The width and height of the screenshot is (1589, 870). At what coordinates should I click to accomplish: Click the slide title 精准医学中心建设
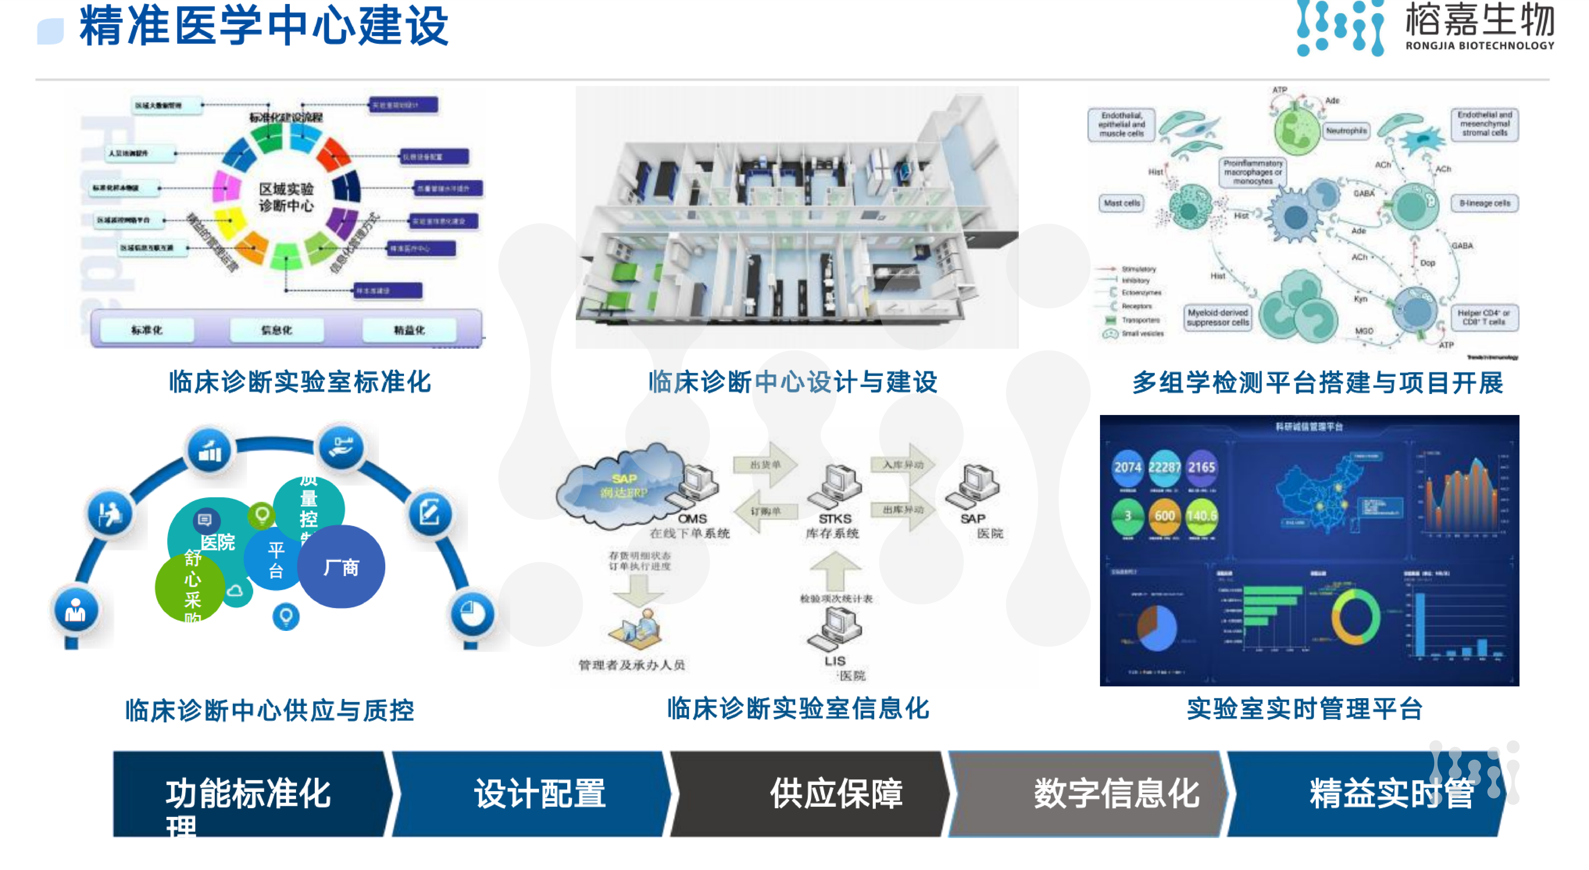pyautogui.click(x=264, y=26)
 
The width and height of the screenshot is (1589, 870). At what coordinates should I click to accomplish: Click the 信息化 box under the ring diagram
pyautogui.click(x=276, y=330)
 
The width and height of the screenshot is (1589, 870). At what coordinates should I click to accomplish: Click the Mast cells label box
pyautogui.click(x=1121, y=203)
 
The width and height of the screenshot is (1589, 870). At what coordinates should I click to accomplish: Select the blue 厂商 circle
pyautogui.click(x=341, y=566)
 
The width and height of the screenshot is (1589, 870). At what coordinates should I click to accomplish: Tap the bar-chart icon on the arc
pyautogui.click(x=210, y=451)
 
